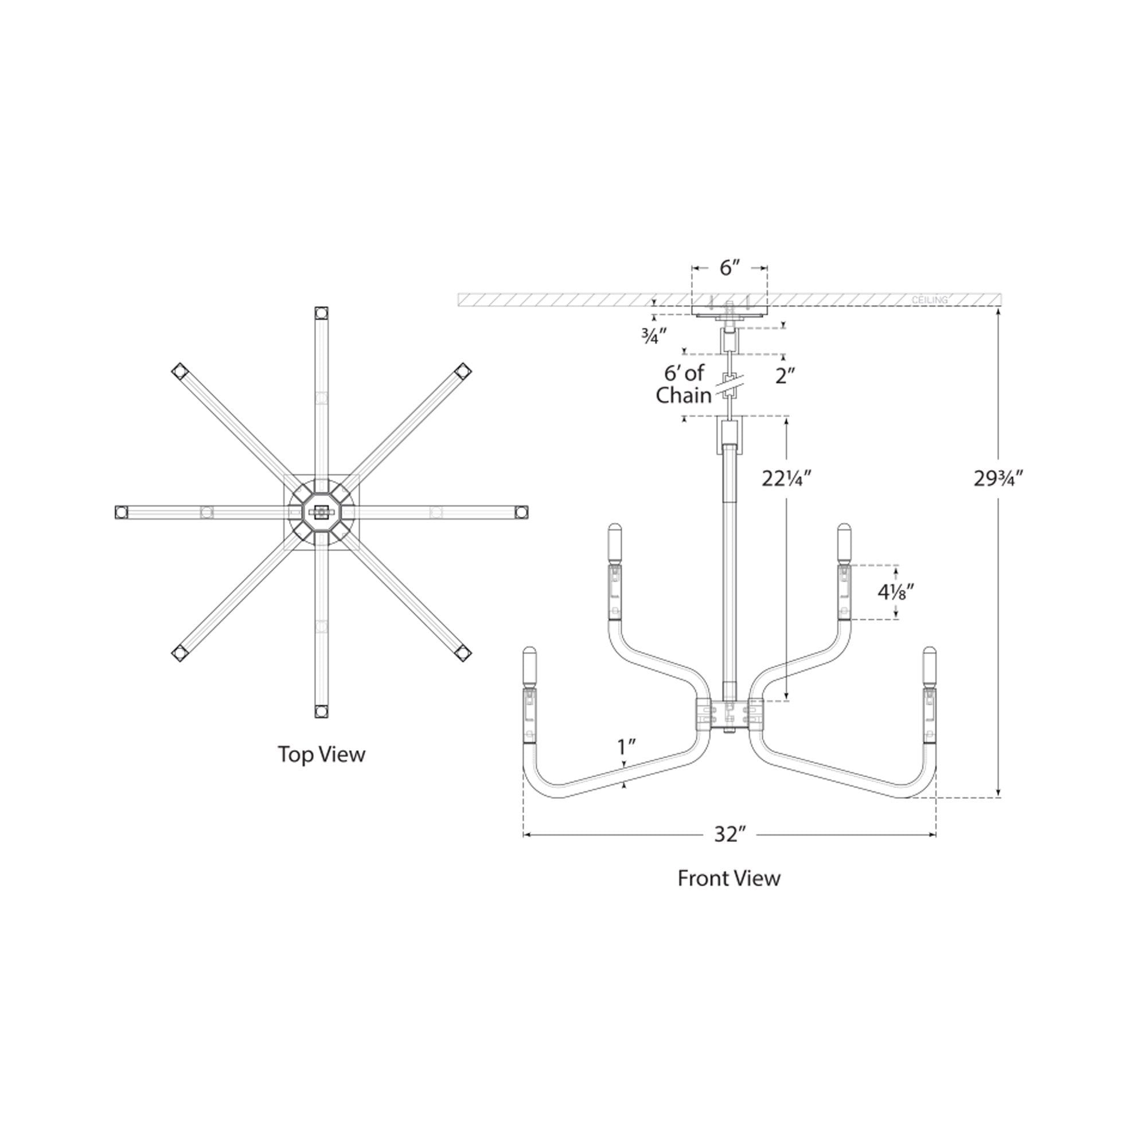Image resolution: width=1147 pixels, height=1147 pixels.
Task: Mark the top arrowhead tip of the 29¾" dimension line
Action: pyautogui.click(x=998, y=308)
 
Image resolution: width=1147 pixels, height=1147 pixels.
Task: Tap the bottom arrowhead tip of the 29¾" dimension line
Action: pyautogui.click(x=998, y=797)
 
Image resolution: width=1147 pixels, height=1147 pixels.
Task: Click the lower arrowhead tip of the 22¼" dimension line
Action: pyautogui.click(x=787, y=701)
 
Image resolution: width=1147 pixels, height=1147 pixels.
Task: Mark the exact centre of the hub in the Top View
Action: pyautogui.click(x=321, y=511)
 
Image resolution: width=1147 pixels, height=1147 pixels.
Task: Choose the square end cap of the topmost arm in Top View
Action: pyautogui.click(x=321, y=313)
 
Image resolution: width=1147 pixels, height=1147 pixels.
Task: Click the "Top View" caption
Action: pyautogui.click(x=322, y=755)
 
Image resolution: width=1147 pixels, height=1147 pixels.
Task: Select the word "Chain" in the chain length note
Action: pyautogui.click(x=684, y=395)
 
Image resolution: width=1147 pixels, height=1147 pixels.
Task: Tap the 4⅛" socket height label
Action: pyautogui.click(x=896, y=591)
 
